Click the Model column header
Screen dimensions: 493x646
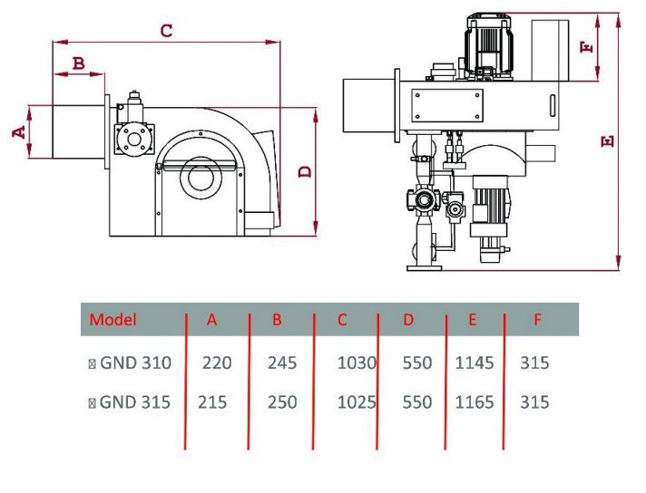113,319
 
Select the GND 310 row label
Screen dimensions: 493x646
134,363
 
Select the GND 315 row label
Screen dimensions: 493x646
134,401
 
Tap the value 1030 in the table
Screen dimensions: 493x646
356,363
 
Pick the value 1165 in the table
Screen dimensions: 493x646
475,401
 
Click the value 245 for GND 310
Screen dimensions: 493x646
282,363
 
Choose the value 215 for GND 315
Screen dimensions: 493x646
212,401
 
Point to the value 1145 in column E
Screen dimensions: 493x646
475,363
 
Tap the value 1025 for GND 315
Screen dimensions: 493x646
356,401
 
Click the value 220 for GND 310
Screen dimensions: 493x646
217,363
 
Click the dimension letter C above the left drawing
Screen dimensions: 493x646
166,31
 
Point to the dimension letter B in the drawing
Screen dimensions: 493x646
78,63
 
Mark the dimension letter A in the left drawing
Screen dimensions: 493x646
17,132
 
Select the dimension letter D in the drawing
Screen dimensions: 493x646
306,170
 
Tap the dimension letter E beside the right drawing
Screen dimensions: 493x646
608,140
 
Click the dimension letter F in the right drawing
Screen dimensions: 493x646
591,45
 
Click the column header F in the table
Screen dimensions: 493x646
538,319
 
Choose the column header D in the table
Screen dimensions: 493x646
408,319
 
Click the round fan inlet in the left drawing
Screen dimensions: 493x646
200,176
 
